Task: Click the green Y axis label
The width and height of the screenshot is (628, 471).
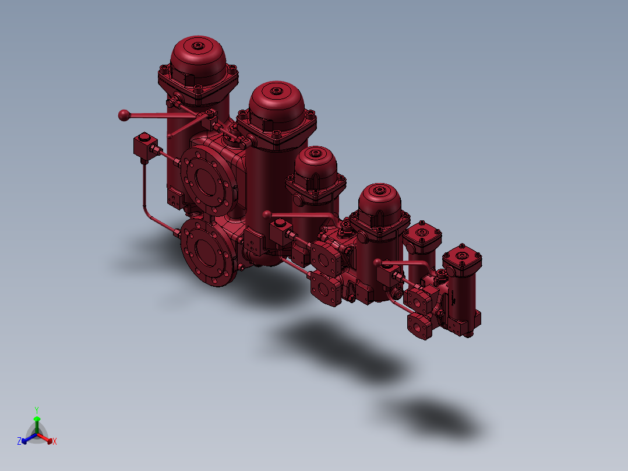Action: coord(37,410)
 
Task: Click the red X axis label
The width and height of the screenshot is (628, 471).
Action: coord(55,441)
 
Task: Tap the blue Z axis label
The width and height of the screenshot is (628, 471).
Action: coord(19,441)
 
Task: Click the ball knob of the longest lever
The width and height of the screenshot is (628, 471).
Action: coord(124,115)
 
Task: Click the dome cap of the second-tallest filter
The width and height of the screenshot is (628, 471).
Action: coord(277,105)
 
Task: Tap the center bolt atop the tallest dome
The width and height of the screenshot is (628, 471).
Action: coord(198,45)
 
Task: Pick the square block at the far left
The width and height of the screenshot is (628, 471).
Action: coord(145,146)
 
